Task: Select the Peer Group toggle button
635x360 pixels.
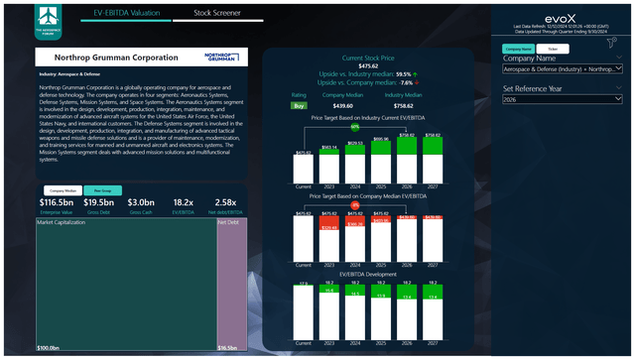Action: (102, 189)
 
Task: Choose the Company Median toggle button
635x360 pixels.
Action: (63, 189)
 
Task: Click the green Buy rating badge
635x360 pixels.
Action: (298, 104)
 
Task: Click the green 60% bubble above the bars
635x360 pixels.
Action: (355, 128)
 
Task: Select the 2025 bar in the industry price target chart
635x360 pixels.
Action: (381, 161)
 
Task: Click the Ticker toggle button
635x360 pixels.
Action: (553, 48)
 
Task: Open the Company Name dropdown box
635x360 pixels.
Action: (563, 70)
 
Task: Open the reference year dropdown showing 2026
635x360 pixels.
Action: (563, 100)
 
